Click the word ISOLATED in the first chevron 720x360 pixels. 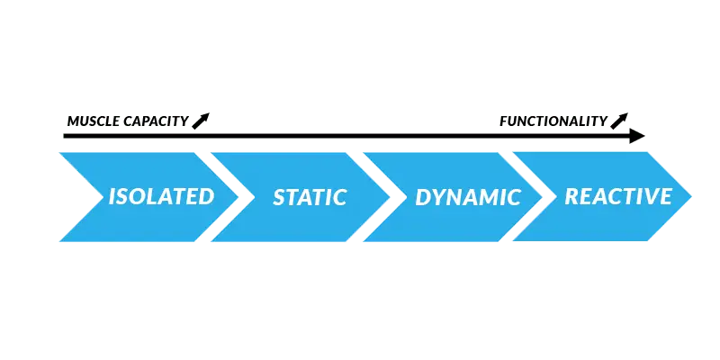(x=161, y=196)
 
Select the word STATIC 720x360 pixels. (x=310, y=197)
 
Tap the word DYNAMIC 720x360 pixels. (x=468, y=197)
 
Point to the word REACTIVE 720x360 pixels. (x=618, y=196)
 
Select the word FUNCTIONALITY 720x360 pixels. (x=553, y=121)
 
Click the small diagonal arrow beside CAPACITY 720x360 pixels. (x=201, y=121)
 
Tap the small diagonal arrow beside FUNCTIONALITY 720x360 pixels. (x=619, y=121)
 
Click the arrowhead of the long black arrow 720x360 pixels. (x=637, y=136)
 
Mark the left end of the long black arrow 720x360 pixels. (x=64, y=136)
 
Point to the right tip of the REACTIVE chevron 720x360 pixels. (x=691, y=196)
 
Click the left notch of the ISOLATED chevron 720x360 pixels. (x=103, y=197)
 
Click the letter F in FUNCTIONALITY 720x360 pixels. (x=503, y=121)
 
